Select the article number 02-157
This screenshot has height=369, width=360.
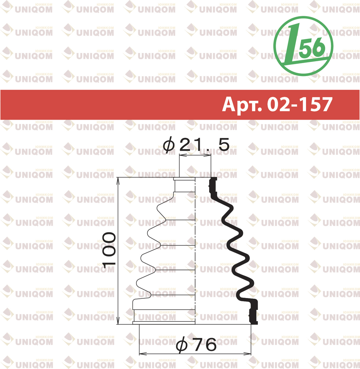point(300,104)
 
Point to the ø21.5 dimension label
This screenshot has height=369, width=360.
point(196,145)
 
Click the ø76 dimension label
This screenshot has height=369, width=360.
point(196,345)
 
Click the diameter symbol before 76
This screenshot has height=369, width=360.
point(182,346)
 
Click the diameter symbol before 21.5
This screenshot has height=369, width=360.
point(169,146)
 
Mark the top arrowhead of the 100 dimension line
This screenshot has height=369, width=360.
point(118,181)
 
